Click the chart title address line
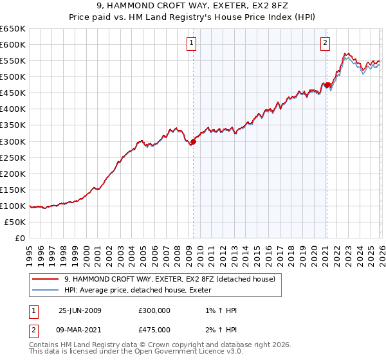pos(193,6)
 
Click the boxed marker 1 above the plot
pos(192,43)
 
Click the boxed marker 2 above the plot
pos(326,43)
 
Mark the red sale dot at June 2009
pos(193,141)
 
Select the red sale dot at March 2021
pos(327,85)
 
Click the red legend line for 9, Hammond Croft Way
pos(45,279)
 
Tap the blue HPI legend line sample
pos(45,290)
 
